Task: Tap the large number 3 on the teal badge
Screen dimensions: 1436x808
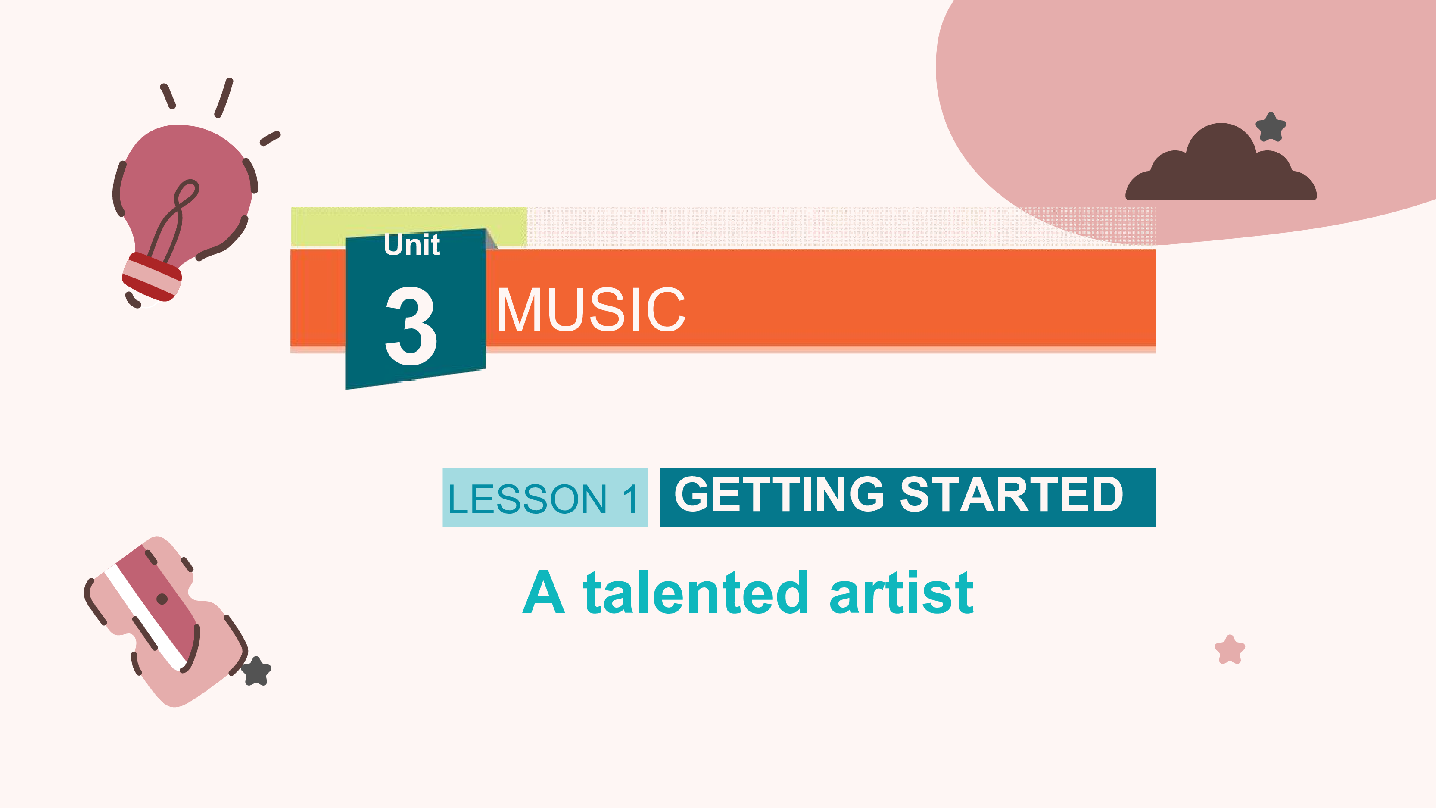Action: click(411, 326)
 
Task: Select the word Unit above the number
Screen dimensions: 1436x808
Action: click(412, 244)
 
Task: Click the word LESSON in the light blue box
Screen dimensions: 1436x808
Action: click(527, 499)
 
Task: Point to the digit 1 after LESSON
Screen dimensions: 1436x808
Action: click(630, 499)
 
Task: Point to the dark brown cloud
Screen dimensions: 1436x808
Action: click(1221, 163)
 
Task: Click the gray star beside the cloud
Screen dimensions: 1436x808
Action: click(1271, 127)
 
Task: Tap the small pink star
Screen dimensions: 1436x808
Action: click(1230, 650)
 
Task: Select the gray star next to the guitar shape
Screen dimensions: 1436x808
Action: click(256, 671)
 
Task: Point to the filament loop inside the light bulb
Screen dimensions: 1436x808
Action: click(176, 218)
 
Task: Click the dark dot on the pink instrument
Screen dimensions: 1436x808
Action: click(162, 599)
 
